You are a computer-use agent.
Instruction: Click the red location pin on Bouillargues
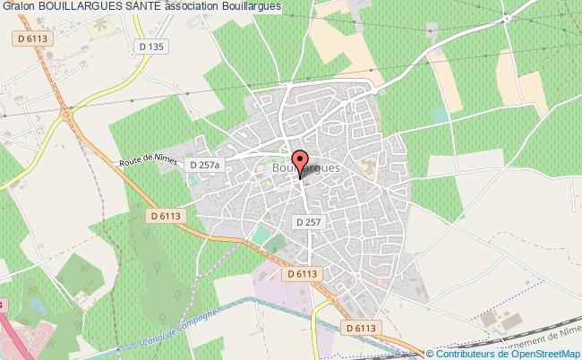coord(300,165)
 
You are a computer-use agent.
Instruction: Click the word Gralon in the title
coord(18,6)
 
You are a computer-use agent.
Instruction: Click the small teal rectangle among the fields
coord(439,116)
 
